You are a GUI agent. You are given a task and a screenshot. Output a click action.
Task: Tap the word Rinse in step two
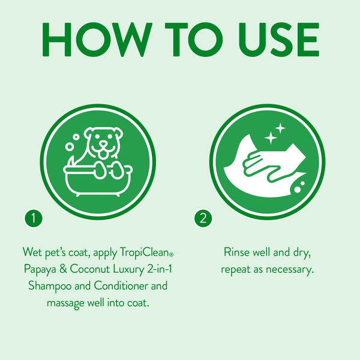tap(236, 250)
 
